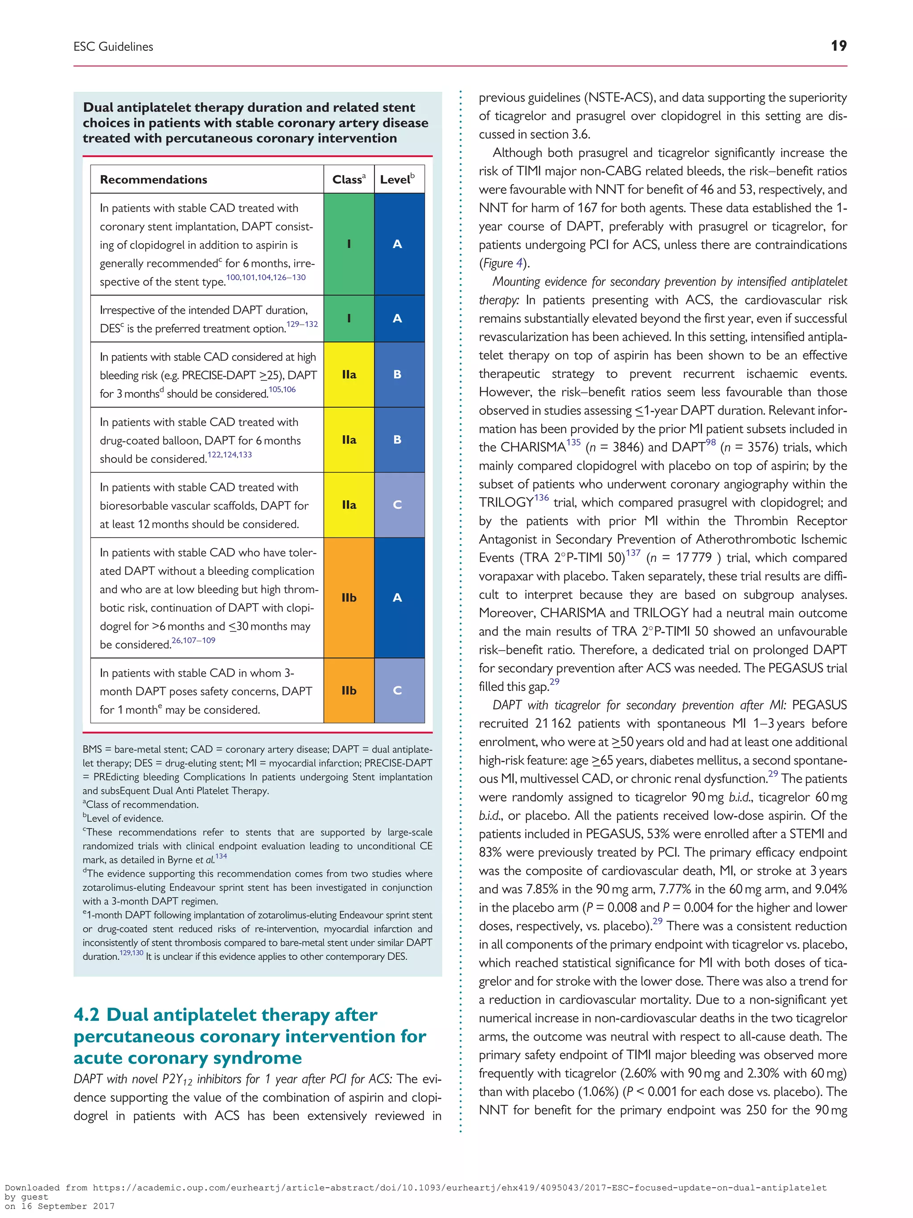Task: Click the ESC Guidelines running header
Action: (x=113, y=47)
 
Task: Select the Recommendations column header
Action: (x=153, y=179)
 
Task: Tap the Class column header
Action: (x=348, y=179)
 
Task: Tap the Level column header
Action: (x=397, y=179)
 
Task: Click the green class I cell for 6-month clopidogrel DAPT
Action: (x=349, y=244)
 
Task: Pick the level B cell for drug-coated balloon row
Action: (x=397, y=439)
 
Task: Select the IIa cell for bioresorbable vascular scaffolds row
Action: (x=349, y=504)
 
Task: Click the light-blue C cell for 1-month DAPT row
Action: (x=397, y=690)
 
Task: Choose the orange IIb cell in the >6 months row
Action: (x=349, y=598)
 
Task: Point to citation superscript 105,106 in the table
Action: (x=282, y=390)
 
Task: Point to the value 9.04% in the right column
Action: (x=831, y=889)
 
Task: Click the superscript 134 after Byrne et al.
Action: (x=221, y=856)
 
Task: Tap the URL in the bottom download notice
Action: (x=459, y=1188)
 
